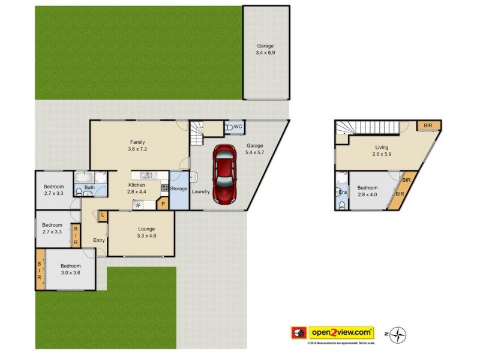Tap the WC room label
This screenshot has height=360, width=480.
click(x=238, y=127)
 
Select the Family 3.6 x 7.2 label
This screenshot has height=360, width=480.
click(x=138, y=146)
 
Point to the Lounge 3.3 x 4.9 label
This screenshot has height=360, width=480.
click(x=146, y=232)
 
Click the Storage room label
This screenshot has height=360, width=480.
click(x=179, y=189)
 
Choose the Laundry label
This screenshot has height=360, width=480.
click(x=200, y=191)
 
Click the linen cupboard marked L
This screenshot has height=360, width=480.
click(x=103, y=215)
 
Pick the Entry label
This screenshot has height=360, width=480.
click(x=99, y=241)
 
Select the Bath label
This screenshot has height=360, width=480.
click(x=89, y=188)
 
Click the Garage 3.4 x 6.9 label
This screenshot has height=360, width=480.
click(x=266, y=49)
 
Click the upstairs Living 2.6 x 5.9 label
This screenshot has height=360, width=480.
click(x=382, y=151)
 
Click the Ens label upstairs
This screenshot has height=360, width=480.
click(x=343, y=192)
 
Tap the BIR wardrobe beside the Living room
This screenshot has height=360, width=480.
click(x=428, y=125)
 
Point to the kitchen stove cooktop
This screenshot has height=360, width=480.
click(x=164, y=188)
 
